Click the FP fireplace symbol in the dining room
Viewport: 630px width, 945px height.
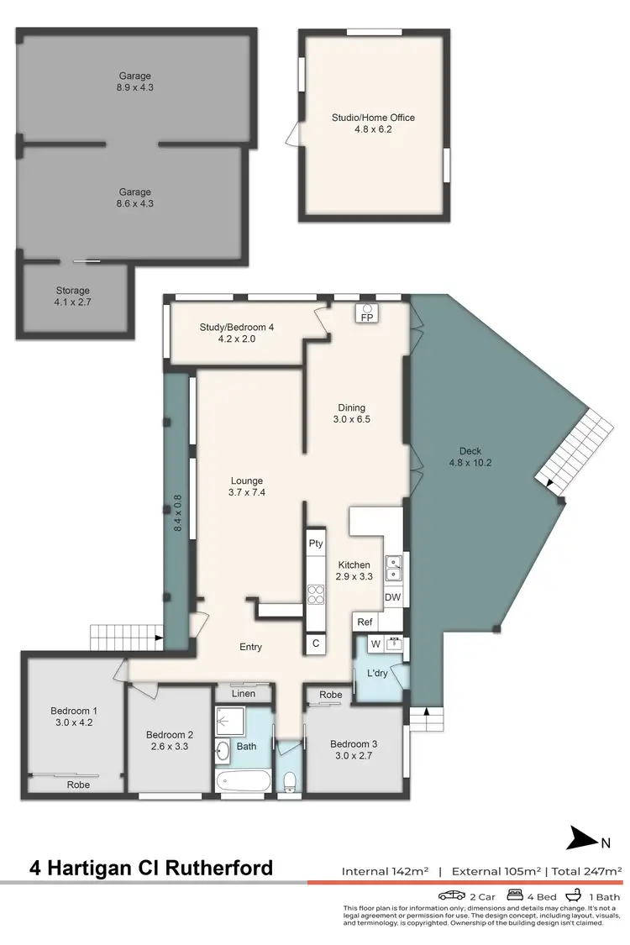(x=366, y=313)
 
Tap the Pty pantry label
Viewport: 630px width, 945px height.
(x=316, y=543)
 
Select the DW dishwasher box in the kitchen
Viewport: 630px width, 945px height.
(x=392, y=597)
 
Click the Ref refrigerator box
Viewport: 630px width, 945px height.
(x=365, y=622)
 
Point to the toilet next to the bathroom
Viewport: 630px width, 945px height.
(x=290, y=781)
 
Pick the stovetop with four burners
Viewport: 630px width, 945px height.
(x=316, y=594)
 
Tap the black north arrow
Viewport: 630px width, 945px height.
(x=580, y=837)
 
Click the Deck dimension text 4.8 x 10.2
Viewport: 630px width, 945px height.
(x=470, y=462)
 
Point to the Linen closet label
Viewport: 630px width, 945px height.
(x=244, y=693)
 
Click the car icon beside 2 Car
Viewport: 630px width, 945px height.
(x=452, y=895)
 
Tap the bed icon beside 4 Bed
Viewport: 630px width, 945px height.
(x=517, y=895)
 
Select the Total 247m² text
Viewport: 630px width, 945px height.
(x=586, y=871)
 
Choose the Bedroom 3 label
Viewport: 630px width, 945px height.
(x=354, y=743)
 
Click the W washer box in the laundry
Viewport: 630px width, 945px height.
(x=375, y=645)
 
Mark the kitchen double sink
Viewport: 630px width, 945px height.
(x=393, y=569)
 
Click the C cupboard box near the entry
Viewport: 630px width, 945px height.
(x=316, y=643)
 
